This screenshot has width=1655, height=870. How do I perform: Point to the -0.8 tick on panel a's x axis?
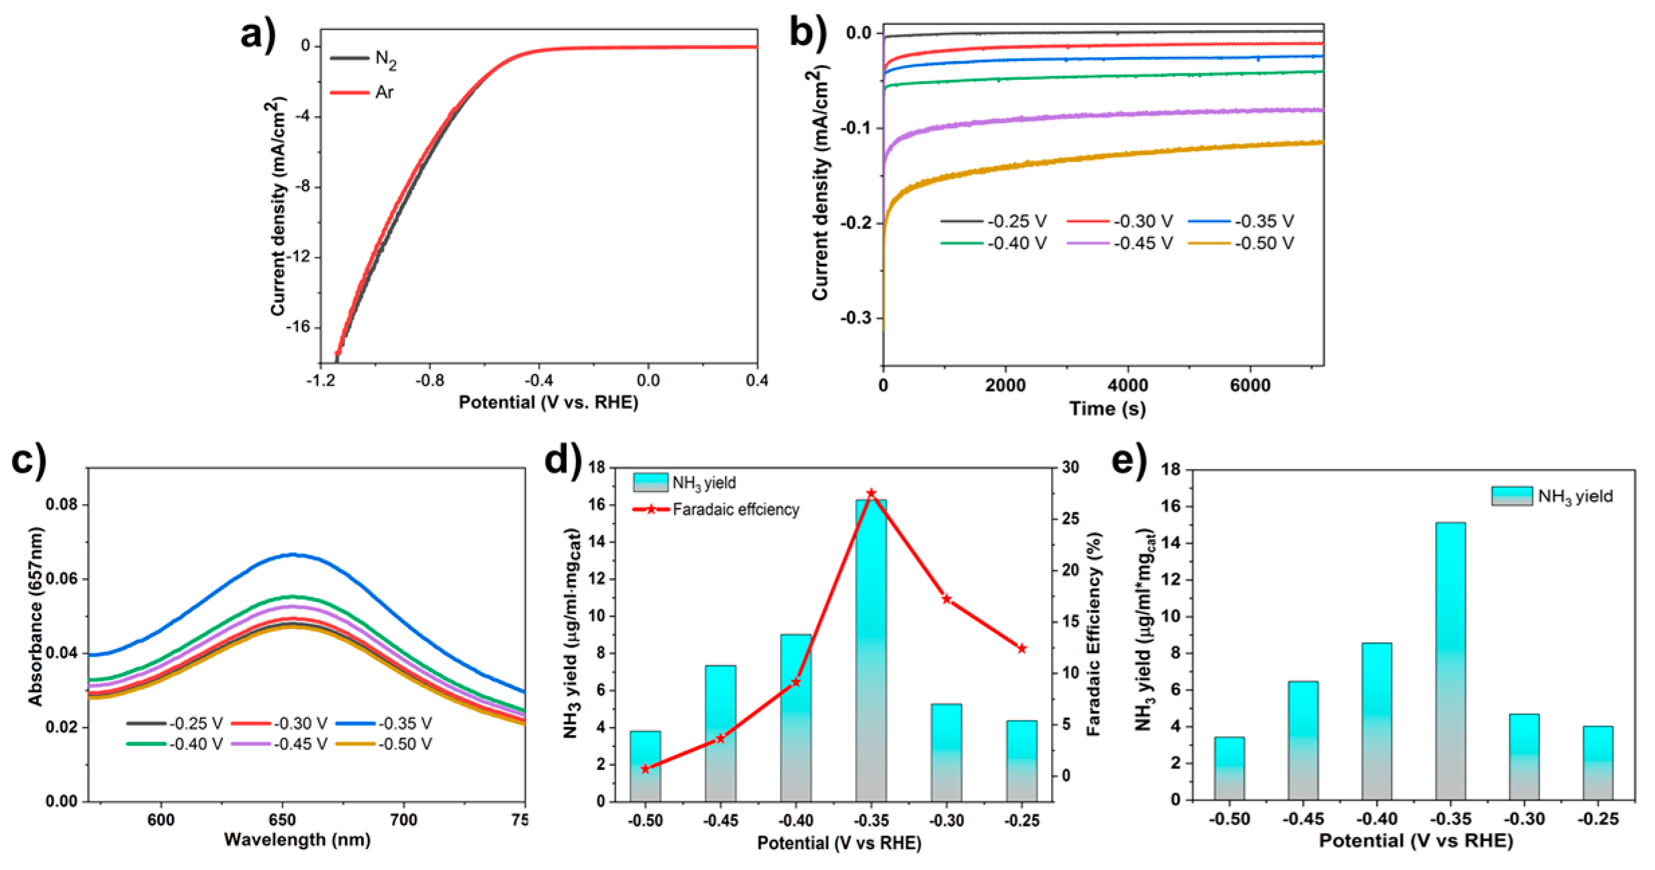tap(430, 381)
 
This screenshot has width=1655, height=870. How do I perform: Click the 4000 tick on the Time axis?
tap(1127, 385)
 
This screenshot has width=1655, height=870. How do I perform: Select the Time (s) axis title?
tap(1107, 409)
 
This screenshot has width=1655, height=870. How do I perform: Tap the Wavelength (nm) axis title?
tap(297, 840)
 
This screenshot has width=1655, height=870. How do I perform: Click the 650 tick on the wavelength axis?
tap(283, 820)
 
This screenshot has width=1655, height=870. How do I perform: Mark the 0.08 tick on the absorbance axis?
tap(62, 504)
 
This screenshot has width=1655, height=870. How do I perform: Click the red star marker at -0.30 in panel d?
tap(947, 599)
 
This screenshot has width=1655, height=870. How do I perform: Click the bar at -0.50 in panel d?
tap(645, 766)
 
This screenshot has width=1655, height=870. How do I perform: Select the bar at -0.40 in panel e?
tap(1376, 721)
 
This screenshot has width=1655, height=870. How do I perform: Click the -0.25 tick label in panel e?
tap(1598, 820)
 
